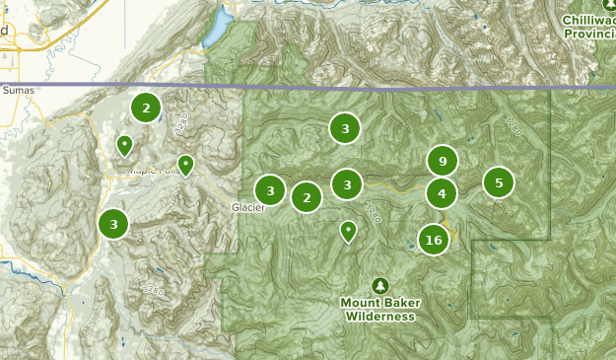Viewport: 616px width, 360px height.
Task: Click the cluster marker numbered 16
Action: (433, 239)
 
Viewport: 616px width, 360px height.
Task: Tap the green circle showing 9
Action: (443, 161)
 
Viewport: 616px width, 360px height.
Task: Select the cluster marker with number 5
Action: (499, 182)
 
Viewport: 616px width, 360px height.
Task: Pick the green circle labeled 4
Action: (442, 193)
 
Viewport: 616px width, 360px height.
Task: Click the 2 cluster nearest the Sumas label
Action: (146, 108)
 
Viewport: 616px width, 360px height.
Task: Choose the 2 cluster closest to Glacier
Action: (307, 197)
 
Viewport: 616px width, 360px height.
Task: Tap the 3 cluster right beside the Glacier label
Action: (270, 190)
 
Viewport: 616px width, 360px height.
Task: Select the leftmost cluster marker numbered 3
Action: (113, 224)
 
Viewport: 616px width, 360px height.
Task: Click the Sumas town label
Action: (18, 90)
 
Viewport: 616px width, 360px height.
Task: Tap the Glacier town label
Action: (249, 207)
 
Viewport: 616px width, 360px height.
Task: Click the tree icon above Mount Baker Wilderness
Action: (380, 285)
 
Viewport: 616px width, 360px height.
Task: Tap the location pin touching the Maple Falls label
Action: (185, 164)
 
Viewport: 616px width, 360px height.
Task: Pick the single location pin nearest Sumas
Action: (124, 145)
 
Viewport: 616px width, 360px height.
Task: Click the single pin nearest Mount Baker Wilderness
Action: (348, 231)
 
